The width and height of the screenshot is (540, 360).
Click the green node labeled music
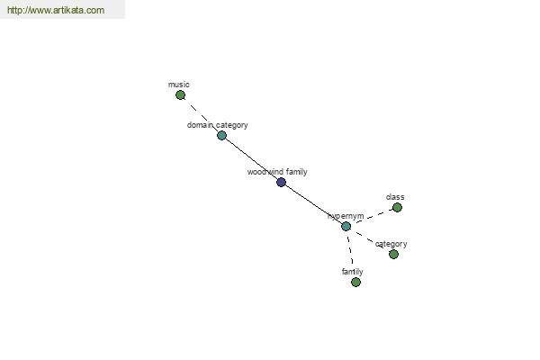click(180, 95)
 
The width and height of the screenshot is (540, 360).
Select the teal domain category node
click(221, 135)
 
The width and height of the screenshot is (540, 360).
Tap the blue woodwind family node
click(281, 182)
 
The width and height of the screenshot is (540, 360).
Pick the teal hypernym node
click(346, 226)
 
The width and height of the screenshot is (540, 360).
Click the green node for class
click(397, 207)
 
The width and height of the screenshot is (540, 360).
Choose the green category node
click(393, 254)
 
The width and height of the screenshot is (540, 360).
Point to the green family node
click(355, 283)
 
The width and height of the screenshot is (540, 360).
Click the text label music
click(179, 85)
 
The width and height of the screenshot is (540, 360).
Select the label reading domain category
click(217, 125)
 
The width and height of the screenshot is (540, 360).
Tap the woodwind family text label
click(277, 172)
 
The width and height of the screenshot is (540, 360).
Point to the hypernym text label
click(346, 216)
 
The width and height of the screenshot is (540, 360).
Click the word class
click(395, 197)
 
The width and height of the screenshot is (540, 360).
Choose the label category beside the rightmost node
click(391, 244)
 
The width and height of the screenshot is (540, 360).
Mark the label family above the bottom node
click(352, 272)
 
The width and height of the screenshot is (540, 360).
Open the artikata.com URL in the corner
click(56, 10)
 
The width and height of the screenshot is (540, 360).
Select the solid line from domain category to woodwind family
click(251, 158)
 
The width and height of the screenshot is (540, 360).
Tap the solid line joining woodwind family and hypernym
click(313, 204)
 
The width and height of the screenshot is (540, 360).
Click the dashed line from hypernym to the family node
click(351, 251)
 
